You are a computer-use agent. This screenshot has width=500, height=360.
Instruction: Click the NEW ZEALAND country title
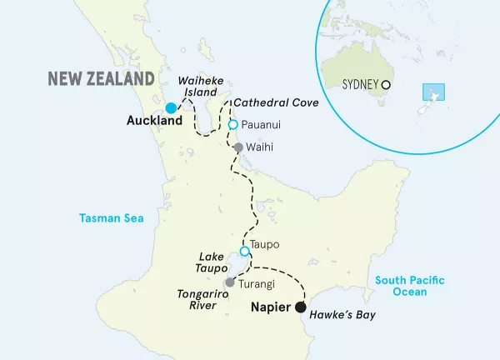pos(101,79)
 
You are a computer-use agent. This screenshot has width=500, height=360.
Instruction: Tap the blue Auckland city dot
pos(171,108)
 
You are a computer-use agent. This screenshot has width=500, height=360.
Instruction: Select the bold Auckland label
pos(154,122)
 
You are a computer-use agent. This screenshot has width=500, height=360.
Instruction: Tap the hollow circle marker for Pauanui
pos(233,125)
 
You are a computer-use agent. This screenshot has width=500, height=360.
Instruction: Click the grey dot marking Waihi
pos(238,147)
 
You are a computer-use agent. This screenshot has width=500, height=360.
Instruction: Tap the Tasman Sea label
pos(112,219)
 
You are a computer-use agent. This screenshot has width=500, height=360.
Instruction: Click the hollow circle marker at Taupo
pos(244,252)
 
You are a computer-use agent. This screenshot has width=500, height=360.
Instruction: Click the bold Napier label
pos(271,307)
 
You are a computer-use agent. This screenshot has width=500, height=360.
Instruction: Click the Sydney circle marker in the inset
pos(386,85)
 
